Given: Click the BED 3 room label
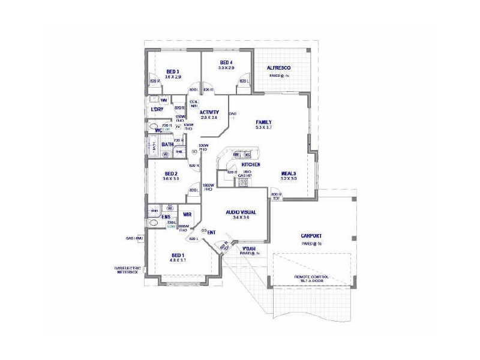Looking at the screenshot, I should coord(173,71).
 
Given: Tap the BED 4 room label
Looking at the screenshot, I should coord(226,62).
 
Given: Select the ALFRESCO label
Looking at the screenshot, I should coord(279,68).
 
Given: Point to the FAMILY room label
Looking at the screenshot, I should coord(264,122).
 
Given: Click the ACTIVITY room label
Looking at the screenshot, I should coord(209,112).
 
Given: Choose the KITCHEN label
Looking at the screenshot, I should coord(250,164).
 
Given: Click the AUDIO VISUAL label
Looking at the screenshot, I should coord(241,212).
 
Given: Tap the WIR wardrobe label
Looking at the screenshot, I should coord(187,214).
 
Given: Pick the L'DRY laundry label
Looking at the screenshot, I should coord(157,110).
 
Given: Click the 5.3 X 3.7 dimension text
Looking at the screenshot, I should coord(264,128).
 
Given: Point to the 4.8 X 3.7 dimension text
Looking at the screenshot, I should coord(178,260).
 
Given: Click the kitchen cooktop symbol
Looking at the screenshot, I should coord(242,180).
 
